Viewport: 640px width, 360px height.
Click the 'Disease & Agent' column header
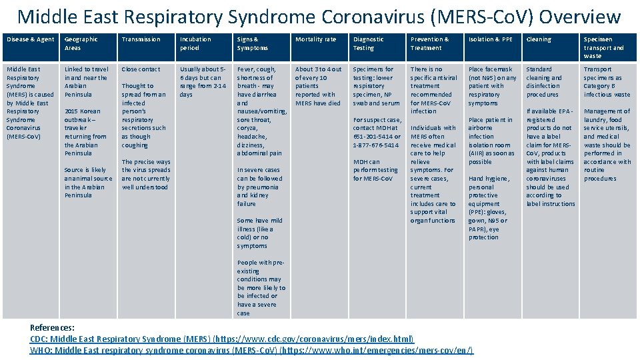coord(30,39)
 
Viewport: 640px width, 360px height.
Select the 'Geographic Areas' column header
coord(81,43)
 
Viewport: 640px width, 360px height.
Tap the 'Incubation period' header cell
coord(195,43)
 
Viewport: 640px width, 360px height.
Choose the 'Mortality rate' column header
coord(315,39)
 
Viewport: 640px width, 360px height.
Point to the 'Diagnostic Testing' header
coord(368,43)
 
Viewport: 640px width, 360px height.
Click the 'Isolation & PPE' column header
coord(491,39)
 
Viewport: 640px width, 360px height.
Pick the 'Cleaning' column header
coord(539,39)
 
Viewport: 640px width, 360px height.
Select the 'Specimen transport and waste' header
coord(603,47)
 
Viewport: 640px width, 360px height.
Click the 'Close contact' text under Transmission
coord(141,69)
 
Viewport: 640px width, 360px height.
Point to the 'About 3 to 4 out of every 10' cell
coord(317,86)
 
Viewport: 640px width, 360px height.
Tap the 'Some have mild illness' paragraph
coord(259,233)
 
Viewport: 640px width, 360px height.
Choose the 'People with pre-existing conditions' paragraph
coord(261,287)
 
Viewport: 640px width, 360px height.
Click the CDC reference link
coord(222,339)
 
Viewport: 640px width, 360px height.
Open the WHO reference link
coord(251,350)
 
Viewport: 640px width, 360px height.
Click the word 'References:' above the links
coord(53,327)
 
